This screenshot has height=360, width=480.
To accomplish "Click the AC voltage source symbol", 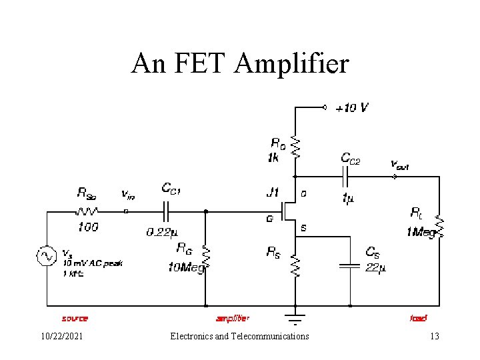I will tap(47, 256).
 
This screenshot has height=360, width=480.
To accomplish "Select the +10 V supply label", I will tap(351, 107).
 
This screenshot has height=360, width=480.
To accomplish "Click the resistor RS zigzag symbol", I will tap(296, 265).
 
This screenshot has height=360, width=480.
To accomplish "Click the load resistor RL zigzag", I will tap(439, 227).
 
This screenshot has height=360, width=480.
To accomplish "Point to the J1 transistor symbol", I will tap(288, 211).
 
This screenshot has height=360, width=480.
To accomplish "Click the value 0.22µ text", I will tap(161, 233).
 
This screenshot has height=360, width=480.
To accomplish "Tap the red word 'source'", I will tap(75, 319).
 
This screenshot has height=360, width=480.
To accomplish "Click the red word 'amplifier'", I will tap(233, 319).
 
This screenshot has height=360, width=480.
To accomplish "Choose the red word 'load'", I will tap(418, 319).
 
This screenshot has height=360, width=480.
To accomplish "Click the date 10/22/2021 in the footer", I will tap(61, 337).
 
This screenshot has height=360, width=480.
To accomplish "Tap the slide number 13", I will tap(434, 337).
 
